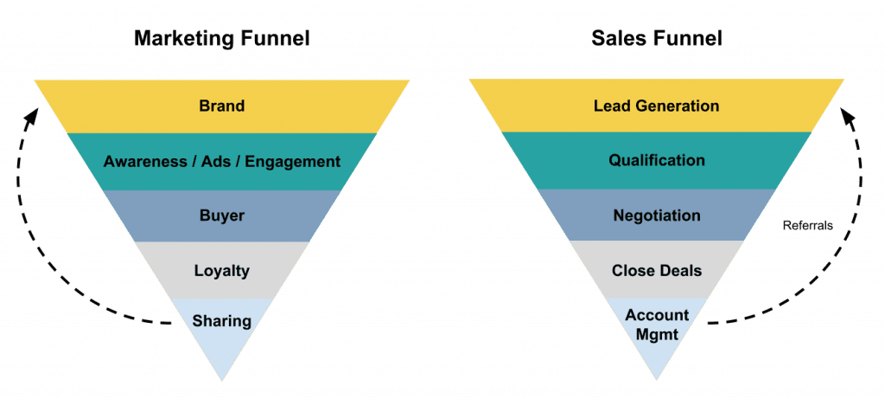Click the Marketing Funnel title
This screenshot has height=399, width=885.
(221, 39)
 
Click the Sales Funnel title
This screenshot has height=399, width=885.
(656, 39)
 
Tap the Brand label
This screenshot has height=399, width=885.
(221, 106)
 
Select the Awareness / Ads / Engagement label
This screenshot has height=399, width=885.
(221, 161)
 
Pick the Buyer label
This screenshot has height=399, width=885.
(221, 216)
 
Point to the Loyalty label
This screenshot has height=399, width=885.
(221, 270)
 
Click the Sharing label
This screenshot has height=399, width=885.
(221, 321)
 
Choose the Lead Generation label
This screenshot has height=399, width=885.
(656, 106)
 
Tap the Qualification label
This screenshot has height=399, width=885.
(656, 160)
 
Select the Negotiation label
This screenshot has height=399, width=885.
(656, 215)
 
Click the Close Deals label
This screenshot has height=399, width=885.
(656, 270)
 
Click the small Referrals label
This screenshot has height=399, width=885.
(808, 225)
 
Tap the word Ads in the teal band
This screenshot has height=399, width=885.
(213, 161)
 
